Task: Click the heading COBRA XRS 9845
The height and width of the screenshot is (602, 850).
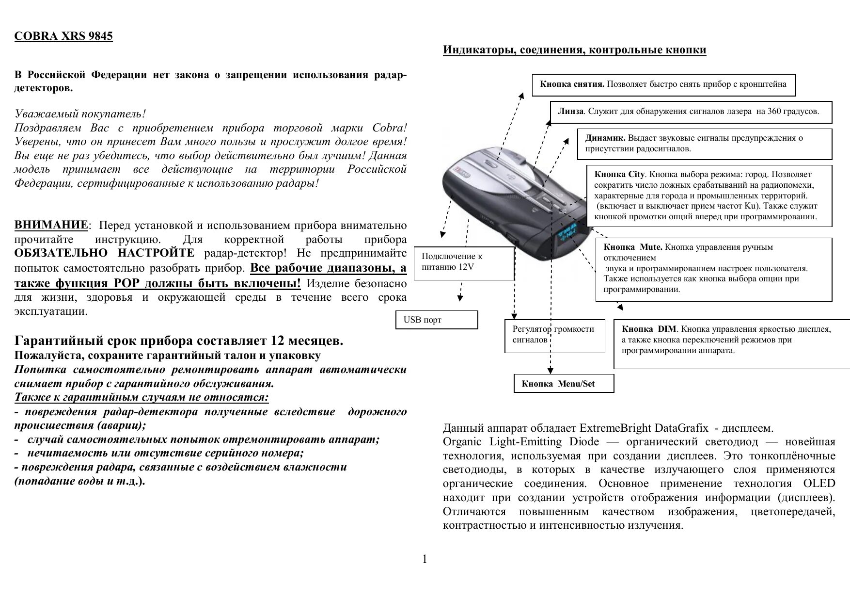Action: click(x=63, y=37)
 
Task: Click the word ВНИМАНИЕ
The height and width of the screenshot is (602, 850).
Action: click(x=51, y=225)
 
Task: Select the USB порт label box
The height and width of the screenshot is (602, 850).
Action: click(x=437, y=320)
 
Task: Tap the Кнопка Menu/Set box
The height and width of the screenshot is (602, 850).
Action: click(x=564, y=384)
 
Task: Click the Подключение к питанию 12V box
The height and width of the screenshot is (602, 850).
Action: click(x=464, y=263)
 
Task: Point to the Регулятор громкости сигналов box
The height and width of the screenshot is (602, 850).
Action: click(x=555, y=335)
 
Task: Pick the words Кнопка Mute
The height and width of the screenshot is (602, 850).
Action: click(x=633, y=247)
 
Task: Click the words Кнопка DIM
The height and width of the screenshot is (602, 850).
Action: click(x=648, y=329)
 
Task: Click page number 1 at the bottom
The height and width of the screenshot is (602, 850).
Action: click(x=425, y=559)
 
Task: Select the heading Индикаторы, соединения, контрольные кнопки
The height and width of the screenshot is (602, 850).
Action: click(x=574, y=50)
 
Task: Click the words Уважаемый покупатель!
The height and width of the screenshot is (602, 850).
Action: click(x=80, y=114)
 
